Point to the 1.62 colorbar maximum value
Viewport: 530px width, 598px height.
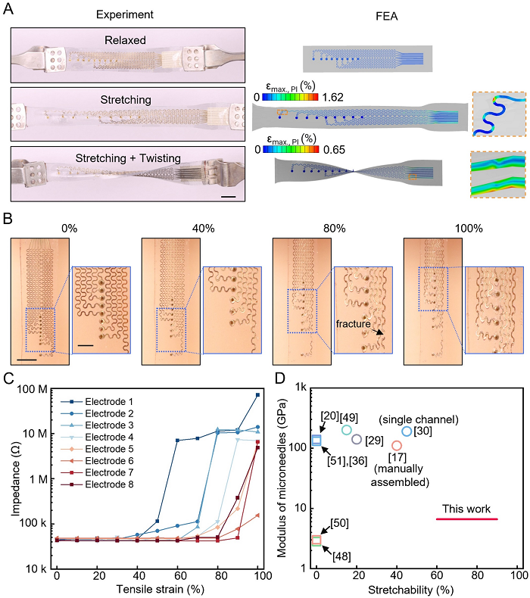pos(334,97)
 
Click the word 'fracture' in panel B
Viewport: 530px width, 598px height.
pos(357,324)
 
